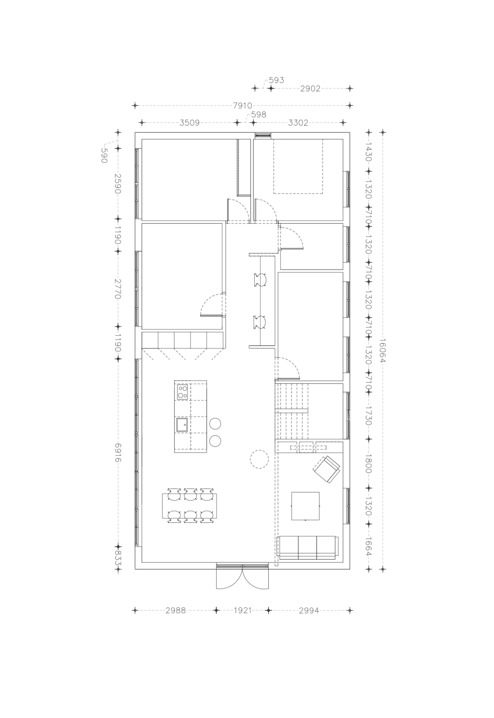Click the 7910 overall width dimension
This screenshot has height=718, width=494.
[x=242, y=105]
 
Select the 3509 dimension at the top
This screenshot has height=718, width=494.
[x=190, y=123]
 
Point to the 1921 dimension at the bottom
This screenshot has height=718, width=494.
[x=243, y=610]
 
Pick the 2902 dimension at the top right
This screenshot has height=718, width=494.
[x=310, y=88]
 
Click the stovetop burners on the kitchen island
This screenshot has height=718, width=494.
[x=182, y=392]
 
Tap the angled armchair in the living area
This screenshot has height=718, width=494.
[x=326, y=469]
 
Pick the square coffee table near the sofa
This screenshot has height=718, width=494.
[x=305, y=506]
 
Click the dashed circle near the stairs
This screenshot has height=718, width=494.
[x=259, y=460]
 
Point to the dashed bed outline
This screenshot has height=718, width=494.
[x=298, y=166]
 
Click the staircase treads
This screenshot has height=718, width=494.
[x=291, y=411]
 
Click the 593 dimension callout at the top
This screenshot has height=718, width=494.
[x=276, y=80]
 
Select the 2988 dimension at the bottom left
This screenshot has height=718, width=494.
[x=175, y=610]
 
